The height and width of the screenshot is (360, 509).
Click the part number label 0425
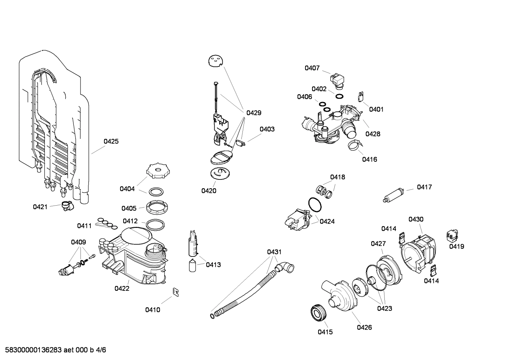coord(111,141)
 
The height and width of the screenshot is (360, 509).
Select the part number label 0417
coord(424,187)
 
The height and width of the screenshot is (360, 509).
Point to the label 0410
coord(152,310)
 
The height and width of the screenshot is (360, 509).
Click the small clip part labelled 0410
coord(175,291)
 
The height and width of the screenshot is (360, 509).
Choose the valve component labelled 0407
coord(336,79)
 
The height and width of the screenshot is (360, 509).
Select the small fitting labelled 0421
coord(66,206)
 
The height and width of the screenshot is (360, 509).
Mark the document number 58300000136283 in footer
coord(31,350)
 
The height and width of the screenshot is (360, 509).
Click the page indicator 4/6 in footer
coord(101,350)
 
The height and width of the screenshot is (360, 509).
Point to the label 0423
coord(384,308)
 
